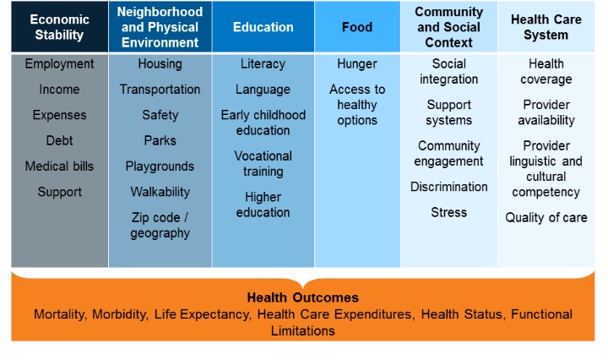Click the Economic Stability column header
(59, 27)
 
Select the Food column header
(356, 27)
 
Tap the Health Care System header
(546, 27)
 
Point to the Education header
(263, 27)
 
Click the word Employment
(59, 63)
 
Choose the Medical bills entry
(59, 166)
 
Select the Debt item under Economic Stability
(59, 140)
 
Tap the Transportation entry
(160, 90)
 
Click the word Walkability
(160, 192)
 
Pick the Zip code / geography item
(160, 225)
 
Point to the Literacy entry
(263, 63)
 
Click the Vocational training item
(263, 164)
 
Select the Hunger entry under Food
(356, 63)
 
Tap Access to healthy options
(356, 105)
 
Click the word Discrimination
(448, 187)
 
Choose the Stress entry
(448, 212)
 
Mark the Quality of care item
(546, 218)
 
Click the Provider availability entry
(546, 112)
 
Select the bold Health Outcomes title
(303, 297)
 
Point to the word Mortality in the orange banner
(59, 314)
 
